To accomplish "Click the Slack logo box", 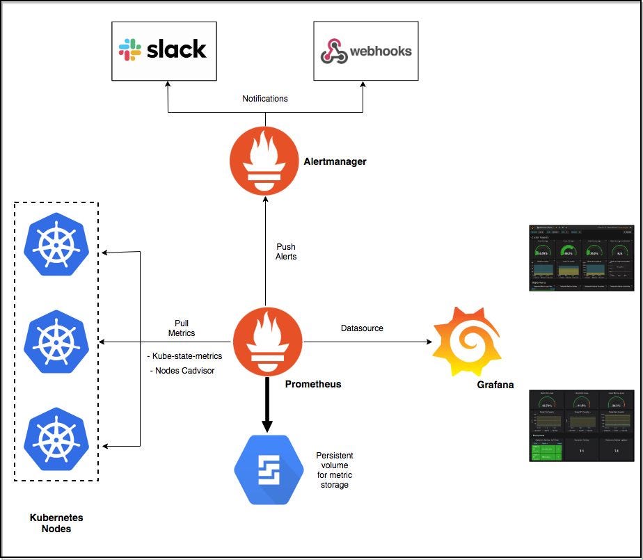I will coord(164,51).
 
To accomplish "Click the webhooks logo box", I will coord(365,51).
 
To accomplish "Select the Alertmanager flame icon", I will coord(264,163).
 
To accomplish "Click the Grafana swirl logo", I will coord(466,341).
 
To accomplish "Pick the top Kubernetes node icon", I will coord(56,240).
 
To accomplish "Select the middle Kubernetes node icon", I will coord(56,342).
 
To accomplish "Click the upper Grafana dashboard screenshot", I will coord(581,257).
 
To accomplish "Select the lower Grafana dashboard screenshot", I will coord(581,425).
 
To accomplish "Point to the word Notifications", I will coord(264,99).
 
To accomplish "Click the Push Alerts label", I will coord(285,251).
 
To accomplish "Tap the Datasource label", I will coord(362,328).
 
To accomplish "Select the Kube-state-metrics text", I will coord(184,356).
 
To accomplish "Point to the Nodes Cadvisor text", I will coord(182,371).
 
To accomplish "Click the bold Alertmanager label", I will coord(335,161).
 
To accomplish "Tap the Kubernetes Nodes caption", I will coord(56,523).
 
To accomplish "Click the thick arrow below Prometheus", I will coord(264,403).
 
